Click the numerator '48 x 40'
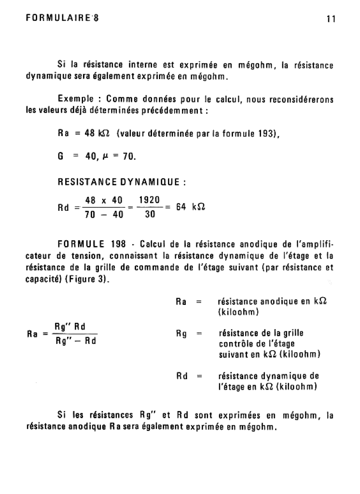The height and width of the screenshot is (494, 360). pyautogui.click(x=104, y=199)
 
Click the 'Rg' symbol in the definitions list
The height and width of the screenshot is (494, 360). pyautogui.click(x=181, y=333)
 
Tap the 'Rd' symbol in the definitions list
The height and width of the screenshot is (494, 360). pyautogui.click(x=182, y=376)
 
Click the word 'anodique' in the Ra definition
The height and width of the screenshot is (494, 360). pyautogui.click(x=274, y=302)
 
